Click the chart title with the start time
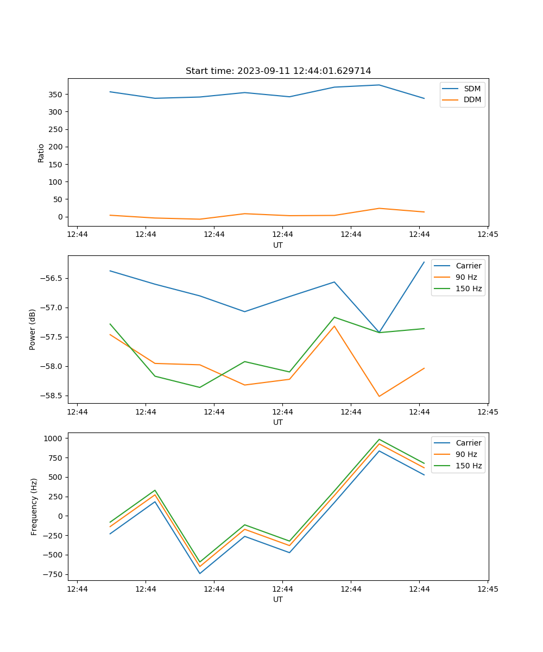click(x=278, y=71)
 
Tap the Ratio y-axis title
click(x=41, y=153)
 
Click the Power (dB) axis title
click(x=33, y=329)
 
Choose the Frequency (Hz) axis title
click(x=34, y=506)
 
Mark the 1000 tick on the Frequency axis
click(x=54, y=438)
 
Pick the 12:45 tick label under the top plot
click(x=487, y=235)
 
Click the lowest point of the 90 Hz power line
click(x=379, y=396)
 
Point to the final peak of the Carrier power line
click(x=424, y=262)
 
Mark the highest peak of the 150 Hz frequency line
click(x=379, y=440)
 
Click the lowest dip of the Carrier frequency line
click(x=200, y=573)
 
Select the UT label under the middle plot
click(x=278, y=422)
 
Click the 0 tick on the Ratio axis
click(x=61, y=217)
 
